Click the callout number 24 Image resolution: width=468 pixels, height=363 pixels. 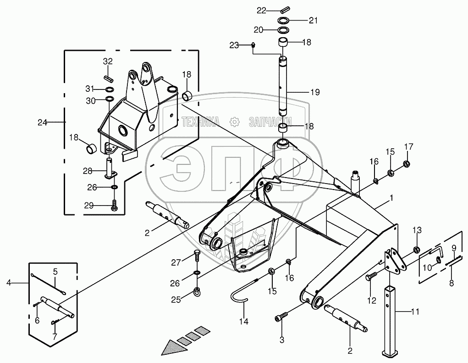(42, 122)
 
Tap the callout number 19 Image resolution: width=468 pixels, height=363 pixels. (315, 92)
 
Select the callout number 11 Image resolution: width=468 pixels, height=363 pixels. (415, 312)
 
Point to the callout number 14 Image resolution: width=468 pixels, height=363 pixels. (244, 322)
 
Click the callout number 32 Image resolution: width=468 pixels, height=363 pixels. (108, 61)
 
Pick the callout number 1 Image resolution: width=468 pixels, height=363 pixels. (391, 198)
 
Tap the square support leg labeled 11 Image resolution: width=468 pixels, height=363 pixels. (390, 321)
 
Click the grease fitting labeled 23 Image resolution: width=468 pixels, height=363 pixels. (253, 45)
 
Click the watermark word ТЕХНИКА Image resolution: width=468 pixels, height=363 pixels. (201, 122)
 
